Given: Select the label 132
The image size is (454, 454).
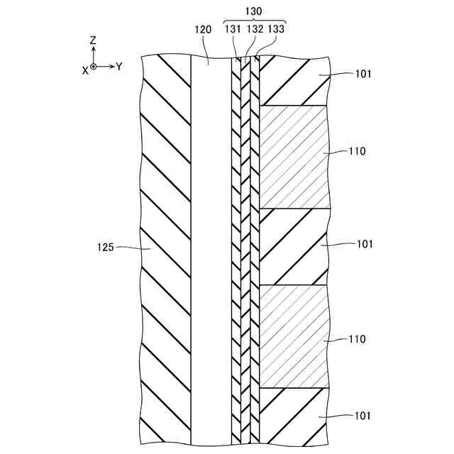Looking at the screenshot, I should coord(255,29).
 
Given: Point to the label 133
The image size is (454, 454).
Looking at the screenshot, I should coord(276,29).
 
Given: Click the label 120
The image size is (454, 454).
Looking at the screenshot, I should coord(204,29).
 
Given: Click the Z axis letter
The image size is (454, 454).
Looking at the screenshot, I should coord(93,41).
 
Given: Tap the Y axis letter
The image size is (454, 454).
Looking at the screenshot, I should coord(119,67).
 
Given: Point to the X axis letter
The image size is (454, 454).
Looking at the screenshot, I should coord(84,69).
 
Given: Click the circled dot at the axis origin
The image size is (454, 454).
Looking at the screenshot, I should coord(93,67).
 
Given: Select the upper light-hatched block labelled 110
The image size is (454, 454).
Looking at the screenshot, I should coord(294,157).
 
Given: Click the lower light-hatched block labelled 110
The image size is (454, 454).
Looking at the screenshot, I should coord(294,336).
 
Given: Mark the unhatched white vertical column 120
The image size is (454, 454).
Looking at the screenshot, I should coord(211,248).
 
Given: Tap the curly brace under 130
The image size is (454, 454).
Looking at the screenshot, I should coord(254,20).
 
